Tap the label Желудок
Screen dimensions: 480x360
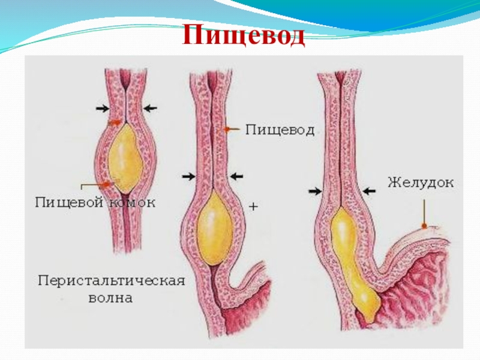click(x=421, y=181)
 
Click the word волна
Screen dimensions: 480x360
click(x=109, y=298)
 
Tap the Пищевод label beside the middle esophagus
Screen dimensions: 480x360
click(x=280, y=130)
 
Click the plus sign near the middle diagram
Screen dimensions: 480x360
click(x=253, y=206)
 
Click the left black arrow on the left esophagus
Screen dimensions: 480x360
click(x=102, y=108)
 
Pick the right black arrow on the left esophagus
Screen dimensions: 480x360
click(x=150, y=108)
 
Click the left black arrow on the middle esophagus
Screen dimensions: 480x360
click(x=188, y=176)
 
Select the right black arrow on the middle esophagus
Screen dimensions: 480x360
click(x=236, y=176)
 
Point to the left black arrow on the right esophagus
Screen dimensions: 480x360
click(x=315, y=190)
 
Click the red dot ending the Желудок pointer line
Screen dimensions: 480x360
click(x=424, y=226)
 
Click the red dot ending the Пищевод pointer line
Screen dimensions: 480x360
click(x=227, y=129)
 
